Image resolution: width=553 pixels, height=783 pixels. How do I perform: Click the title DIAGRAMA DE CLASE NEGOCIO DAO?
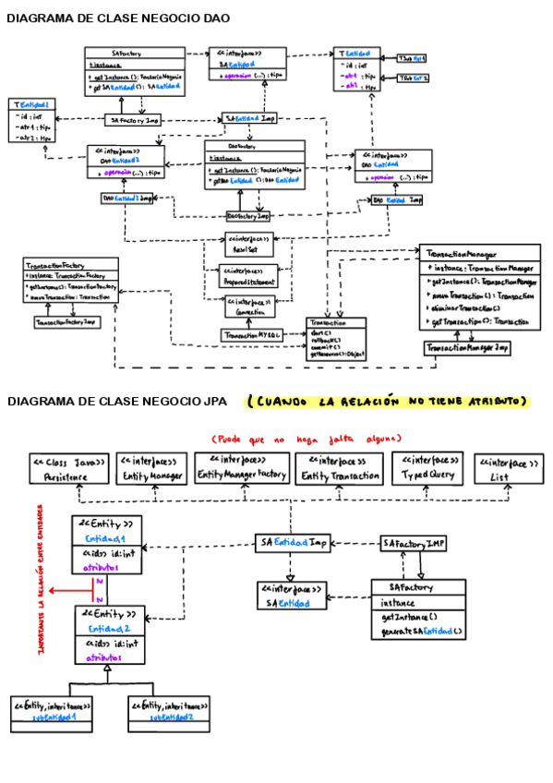coord(118,18)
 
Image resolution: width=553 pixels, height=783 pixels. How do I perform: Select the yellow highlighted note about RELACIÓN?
coord(388,402)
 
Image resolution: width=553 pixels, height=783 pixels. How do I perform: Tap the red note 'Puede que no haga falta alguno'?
coord(306,438)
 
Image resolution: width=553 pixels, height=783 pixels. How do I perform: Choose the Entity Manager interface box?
coord(152,469)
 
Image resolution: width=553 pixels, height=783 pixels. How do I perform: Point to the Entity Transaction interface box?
coord(339,469)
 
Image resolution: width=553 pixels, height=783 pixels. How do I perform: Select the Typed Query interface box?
coord(427,468)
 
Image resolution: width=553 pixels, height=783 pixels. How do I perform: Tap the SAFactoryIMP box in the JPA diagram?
coord(414,544)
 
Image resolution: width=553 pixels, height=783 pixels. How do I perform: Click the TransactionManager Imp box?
coord(467,348)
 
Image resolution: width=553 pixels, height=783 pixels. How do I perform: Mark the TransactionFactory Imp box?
coord(66,322)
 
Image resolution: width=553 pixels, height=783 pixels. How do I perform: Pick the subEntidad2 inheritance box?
coord(169,710)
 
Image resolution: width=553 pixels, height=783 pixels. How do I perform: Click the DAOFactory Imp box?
coord(248,216)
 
